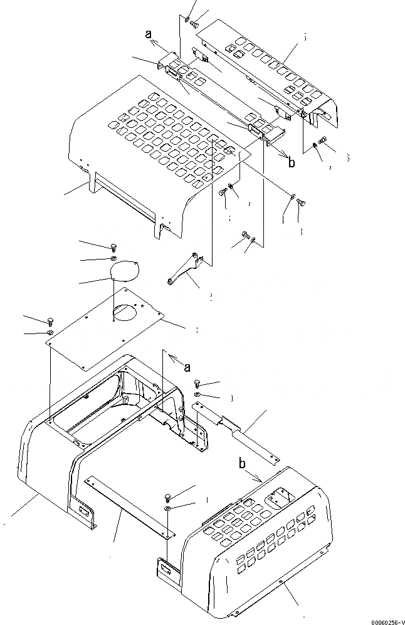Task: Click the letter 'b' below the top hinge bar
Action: click(291, 163)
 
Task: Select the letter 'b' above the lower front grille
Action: click(241, 465)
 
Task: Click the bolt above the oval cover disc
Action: click(113, 246)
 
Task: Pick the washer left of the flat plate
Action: click(50, 332)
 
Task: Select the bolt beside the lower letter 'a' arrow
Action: click(197, 384)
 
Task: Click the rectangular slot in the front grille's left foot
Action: click(166, 569)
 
